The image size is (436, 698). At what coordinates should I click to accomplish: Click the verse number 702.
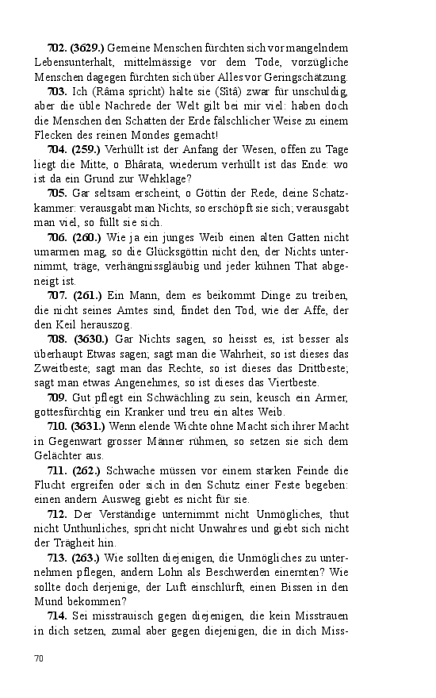[x=57, y=49]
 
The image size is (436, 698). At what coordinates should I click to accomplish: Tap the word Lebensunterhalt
[x=71, y=63]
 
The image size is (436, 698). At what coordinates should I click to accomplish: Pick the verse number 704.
[x=57, y=149]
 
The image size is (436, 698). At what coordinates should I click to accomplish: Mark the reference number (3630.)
[x=90, y=338]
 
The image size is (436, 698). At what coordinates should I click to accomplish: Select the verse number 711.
[x=57, y=470]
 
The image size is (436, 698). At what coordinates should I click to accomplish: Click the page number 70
[x=39, y=658]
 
